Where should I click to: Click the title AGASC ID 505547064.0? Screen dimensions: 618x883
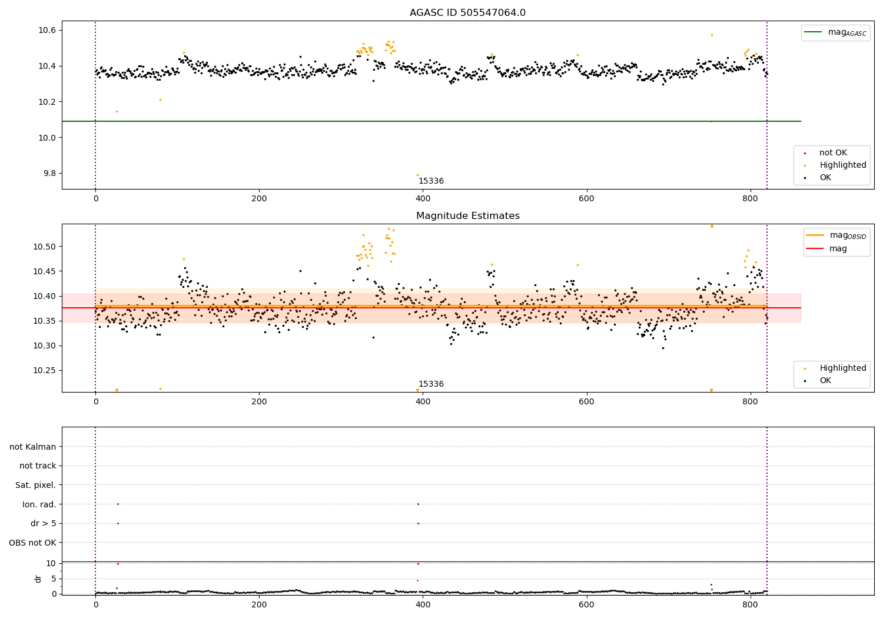[467, 13]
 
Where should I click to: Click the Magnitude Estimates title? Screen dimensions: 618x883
[467, 216]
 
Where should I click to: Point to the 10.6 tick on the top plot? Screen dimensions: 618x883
[47, 30]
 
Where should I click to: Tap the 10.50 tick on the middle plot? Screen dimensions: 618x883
[44, 247]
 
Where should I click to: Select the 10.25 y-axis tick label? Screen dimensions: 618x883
[44, 371]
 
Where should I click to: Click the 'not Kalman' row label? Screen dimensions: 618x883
[33, 447]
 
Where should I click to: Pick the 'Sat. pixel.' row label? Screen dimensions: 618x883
[35, 486]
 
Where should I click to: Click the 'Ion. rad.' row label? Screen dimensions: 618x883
[39, 504]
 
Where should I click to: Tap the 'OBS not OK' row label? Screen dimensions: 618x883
[32, 543]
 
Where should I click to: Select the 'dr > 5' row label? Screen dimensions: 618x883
[43, 524]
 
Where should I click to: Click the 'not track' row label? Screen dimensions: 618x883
[38, 466]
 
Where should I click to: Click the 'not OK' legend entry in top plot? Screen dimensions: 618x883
[833, 153]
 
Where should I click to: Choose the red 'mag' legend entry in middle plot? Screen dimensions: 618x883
[838, 249]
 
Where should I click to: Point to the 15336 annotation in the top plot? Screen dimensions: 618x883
[431, 181]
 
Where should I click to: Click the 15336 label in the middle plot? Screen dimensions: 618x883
[431, 384]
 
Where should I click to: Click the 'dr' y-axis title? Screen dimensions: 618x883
[38, 579]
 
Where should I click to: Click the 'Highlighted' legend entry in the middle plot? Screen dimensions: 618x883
[842, 368]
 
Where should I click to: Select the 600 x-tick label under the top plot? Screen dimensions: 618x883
[586, 199]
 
